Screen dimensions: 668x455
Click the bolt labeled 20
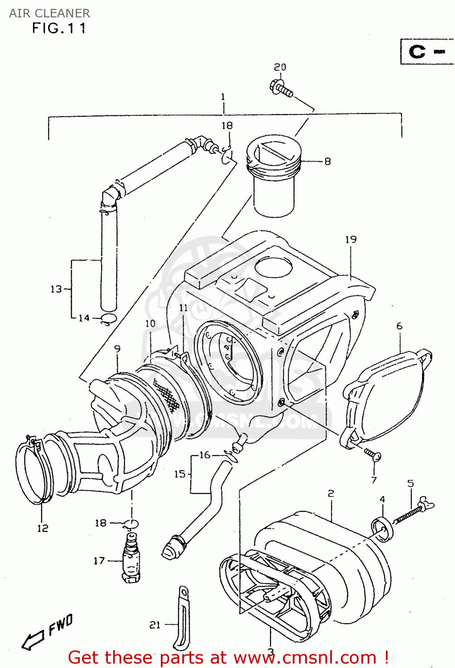point(281,87)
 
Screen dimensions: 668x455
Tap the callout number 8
point(328,162)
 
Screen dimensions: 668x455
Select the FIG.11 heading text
point(59,29)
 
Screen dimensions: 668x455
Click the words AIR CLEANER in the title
point(49,13)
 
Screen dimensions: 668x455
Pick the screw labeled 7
point(372,454)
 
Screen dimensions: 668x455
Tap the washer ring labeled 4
point(382,529)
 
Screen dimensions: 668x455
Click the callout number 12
point(42,528)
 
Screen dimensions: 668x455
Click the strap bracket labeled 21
point(182,619)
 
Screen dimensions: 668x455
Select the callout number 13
point(56,289)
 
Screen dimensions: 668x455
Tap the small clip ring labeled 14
point(108,318)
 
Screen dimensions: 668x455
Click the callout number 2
point(331,493)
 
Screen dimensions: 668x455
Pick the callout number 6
point(399,326)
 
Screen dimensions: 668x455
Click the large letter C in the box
point(417,52)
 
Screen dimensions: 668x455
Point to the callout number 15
point(180,474)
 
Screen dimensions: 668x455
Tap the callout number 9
point(117,349)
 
